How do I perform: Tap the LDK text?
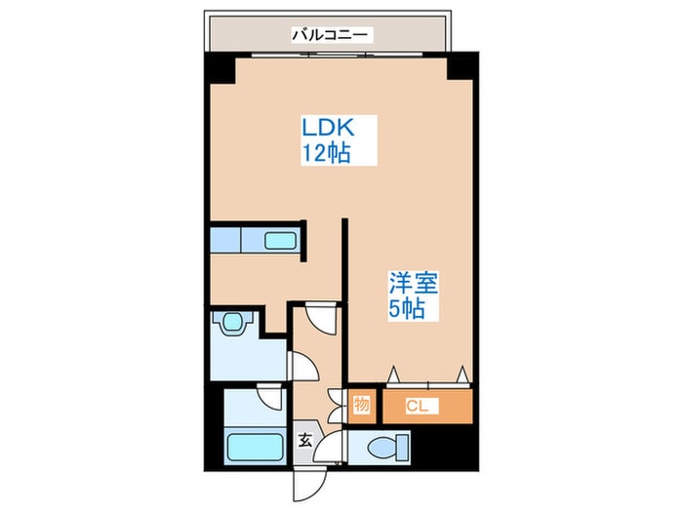click(x=327, y=128)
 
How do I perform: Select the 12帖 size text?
click(x=327, y=152)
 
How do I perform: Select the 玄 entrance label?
click(x=305, y=440)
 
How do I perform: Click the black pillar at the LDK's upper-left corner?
click(x=220, y=67)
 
